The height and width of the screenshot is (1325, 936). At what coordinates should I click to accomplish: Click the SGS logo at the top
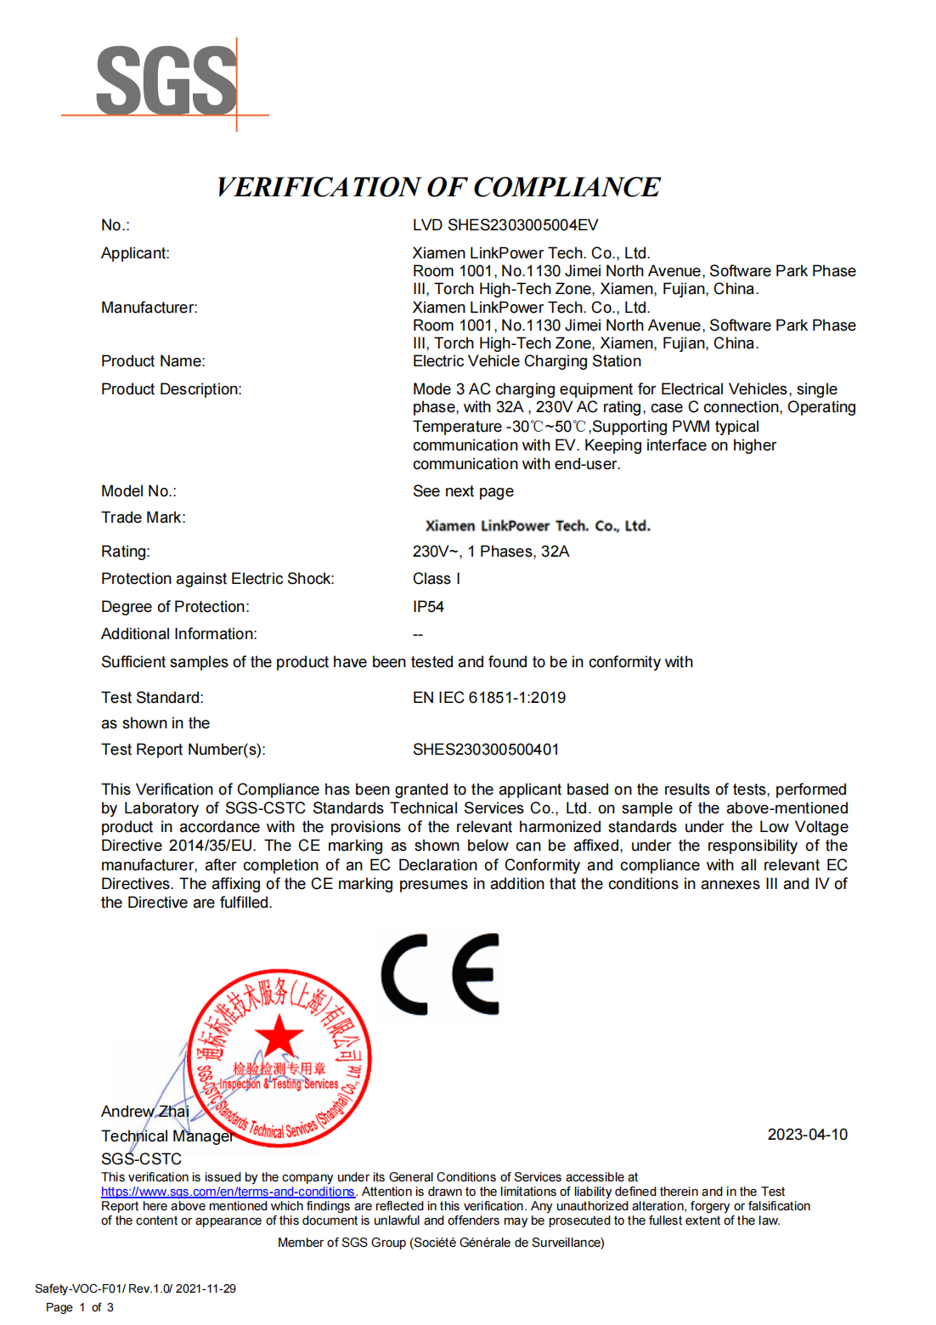tap(166, 81)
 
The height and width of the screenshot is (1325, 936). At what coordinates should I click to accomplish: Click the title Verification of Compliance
tap(437, 187)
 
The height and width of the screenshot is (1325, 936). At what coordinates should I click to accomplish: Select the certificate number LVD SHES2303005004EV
tap(505, 225)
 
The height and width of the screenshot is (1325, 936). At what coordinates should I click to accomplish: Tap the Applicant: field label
tap(135, 253)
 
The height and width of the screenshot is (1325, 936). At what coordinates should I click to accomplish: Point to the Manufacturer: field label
tap(149, 308)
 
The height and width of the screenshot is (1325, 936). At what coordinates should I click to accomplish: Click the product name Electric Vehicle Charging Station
tap(527, 361)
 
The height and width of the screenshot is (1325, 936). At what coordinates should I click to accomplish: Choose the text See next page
tap(463, 491)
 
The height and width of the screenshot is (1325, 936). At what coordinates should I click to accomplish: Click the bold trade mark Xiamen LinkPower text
tap(538, 526)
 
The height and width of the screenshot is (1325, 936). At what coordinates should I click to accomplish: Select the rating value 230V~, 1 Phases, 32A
tap(491, 552)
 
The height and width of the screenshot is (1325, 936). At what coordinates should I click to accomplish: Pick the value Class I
tap(437, 579)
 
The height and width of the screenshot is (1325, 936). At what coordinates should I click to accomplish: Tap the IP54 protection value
tap(428, 607)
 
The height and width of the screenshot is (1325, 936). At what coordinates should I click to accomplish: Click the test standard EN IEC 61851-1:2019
tap(489, 698)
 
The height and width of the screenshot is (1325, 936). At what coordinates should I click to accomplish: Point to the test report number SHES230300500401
tap(486, 750)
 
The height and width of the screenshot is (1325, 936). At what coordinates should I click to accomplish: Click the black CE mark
tap(440, 974)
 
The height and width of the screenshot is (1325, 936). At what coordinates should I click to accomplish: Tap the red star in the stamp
tap(279, 1037)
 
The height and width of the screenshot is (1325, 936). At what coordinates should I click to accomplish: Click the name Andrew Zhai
tap(144, 1112)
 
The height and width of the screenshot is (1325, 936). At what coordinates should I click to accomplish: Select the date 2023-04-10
tap(807, 1135)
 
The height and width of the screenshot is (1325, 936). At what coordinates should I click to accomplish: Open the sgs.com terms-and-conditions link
tap(228, 1192)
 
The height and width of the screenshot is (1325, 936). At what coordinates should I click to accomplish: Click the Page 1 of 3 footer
tap(79, 1307)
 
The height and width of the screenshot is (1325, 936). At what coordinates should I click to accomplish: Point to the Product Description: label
tap(171, 389)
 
